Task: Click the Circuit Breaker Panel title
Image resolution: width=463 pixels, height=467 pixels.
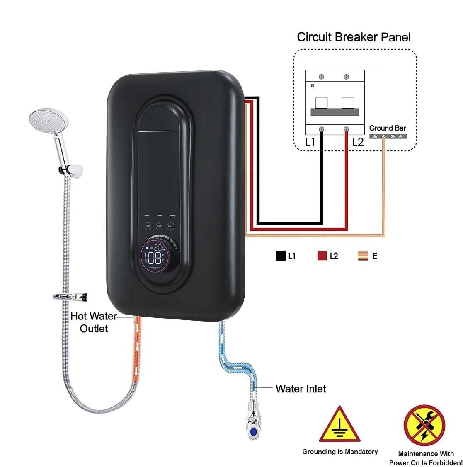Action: tap(354, 37)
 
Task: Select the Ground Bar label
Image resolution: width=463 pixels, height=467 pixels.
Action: tap(388, 128)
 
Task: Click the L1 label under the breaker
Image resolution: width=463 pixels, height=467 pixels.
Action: tap(310, 142)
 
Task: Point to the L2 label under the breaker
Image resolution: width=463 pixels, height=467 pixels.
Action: tap(358, 142)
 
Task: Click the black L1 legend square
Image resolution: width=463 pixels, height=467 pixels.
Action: tap(281, 256)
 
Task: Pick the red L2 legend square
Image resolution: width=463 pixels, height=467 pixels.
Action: tap(322, 256)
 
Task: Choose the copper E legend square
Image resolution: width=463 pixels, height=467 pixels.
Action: tap(363, 256)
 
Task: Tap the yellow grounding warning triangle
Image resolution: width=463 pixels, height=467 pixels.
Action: tap(339, 426)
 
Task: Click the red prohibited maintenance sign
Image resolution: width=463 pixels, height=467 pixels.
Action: tap(424, 426)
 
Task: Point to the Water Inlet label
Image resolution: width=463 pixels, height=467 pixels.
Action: tap(301, 389)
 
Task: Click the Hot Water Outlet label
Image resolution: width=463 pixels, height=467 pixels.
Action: tap(94, 322)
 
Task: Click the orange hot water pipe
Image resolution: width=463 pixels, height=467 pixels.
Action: tap(137, 348)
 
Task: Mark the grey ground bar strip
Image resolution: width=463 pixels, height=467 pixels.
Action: tap(388, 136)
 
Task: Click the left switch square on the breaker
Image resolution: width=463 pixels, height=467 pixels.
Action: tap(321, 103)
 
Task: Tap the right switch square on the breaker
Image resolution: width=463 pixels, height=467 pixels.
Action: tap(347, 103)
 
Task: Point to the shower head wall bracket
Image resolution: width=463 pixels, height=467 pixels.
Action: tap(71, 170)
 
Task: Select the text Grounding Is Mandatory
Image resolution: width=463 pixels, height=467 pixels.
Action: tap(340, 452)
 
